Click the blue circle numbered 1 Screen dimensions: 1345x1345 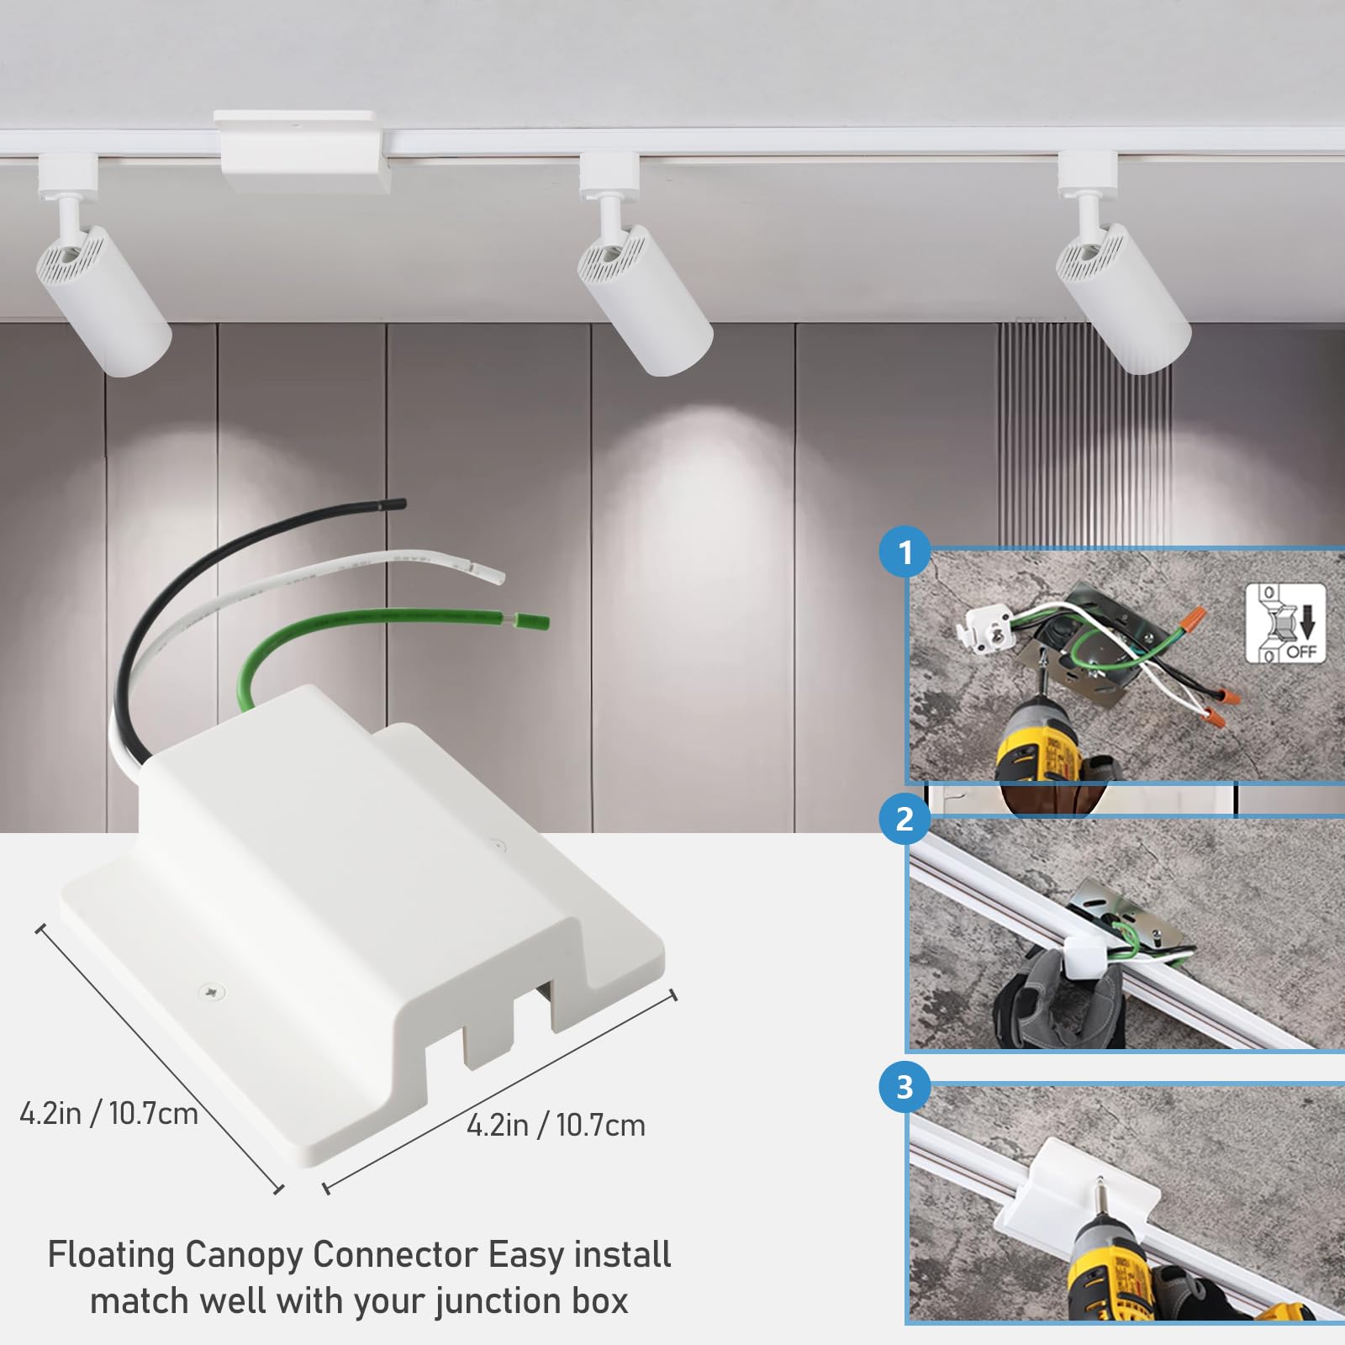click(905, 552)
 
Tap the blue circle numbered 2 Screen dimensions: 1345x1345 click(905, 818)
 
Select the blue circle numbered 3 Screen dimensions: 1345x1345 click(905, 1087)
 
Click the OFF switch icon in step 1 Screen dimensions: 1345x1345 click(1284, 623)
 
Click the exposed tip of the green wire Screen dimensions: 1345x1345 click(538, 623)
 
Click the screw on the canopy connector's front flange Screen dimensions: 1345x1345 click(210, 992)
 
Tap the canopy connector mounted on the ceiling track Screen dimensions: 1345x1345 click(303, 154)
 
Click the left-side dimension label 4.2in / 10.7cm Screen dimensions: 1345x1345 click(108, 1114)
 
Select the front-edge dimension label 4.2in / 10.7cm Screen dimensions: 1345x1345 click(556, 1125)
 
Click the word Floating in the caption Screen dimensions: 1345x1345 click(111, 1255)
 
